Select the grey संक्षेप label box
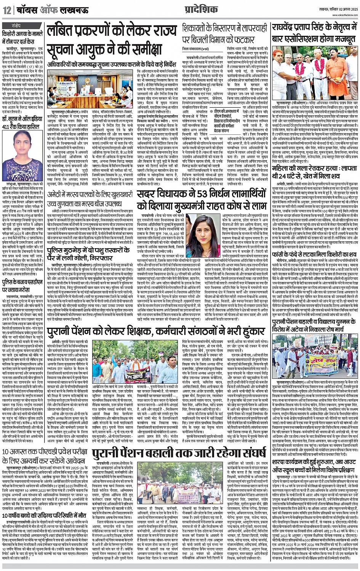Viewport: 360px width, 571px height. coord(22,25)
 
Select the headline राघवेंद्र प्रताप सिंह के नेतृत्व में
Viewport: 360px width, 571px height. coord(314,33)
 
